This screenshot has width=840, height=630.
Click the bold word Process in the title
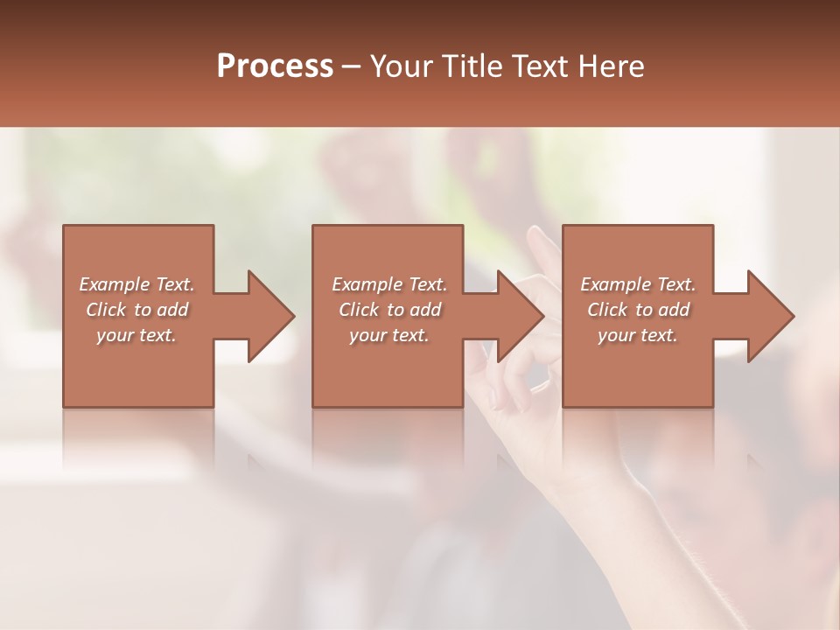pyautogui.click(x=275, y=66)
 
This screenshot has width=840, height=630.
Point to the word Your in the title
pyautogui.click(x=402, y=66)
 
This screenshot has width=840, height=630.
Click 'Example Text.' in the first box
pyautogui.click(x=137, y=284)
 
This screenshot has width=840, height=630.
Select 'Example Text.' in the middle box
pyautogui.click(x=389, y=284)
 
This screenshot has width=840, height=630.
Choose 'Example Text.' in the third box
pyautogui.click(x=638, y=284)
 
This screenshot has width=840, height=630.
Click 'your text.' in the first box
pyautogui.click(x=136, y=335)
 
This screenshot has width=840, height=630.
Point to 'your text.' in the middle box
pyautogui.click(x=388, y=335)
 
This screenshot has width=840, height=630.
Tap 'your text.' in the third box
pyautogui.click(x=637, y=335)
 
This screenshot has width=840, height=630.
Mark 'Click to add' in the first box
pyautogui.click(x=137, y=310)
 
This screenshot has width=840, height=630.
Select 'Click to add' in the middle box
pyautogui.click(x=389, y=310)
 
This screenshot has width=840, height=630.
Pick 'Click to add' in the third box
pyautogui.click(x=638, y=310)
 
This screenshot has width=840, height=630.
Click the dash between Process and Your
pyautogui.click(x=351, y=66)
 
